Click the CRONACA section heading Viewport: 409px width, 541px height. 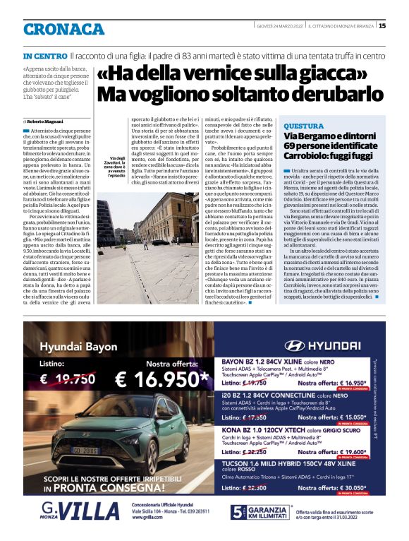[x=63, y=29]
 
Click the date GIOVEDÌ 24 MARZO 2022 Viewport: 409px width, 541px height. [x=280, y=26]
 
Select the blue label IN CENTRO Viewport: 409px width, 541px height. [x=45, y=55]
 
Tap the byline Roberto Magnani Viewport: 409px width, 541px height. [x=43, y=122]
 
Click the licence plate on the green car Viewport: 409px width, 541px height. [x=85, y=449]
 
